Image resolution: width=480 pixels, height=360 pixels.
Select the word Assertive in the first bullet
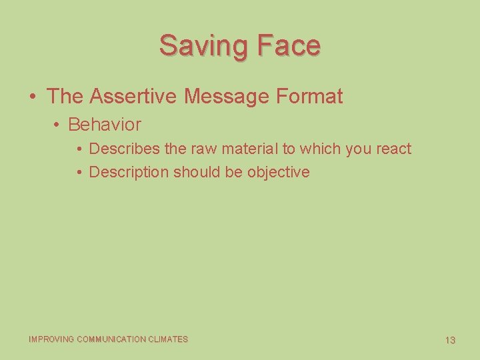coord(133,96)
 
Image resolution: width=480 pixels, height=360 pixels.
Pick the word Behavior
coord(105,125)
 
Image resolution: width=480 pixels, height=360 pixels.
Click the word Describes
coord(125,149)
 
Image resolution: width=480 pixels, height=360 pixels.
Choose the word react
coord(394,149)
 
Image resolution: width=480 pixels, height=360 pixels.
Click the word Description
coord(129,172)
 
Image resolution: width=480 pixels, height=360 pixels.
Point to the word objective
coord(279,172)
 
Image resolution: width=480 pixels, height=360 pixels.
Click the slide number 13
coord(450,340)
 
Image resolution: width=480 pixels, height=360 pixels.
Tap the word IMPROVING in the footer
coord(51,339)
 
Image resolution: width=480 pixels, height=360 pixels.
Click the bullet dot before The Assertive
coord(33,97)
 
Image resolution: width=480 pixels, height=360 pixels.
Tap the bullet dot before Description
coord(79,173)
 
